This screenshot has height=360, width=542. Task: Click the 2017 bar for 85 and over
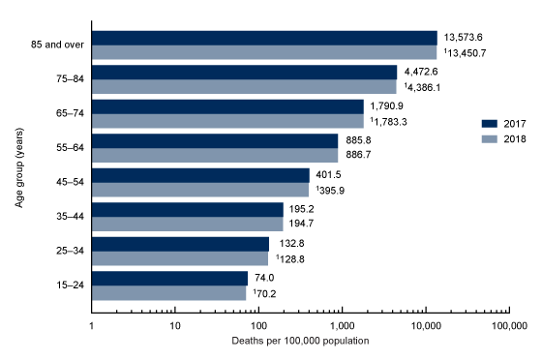tap(264, 38)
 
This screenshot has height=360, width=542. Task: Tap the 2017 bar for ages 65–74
tap(227, 106)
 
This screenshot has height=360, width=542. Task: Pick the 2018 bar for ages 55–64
tap(214, 156)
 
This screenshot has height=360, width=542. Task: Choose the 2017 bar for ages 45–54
tap(200, 175)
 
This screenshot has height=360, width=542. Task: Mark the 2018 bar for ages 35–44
tap(187, 225)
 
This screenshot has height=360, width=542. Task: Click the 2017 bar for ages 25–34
tap(180, 244)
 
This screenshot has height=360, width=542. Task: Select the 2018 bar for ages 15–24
tap(168, 293)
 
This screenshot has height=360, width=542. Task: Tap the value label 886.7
tap(355, 156)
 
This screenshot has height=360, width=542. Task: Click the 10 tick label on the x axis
tap(175, 325)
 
